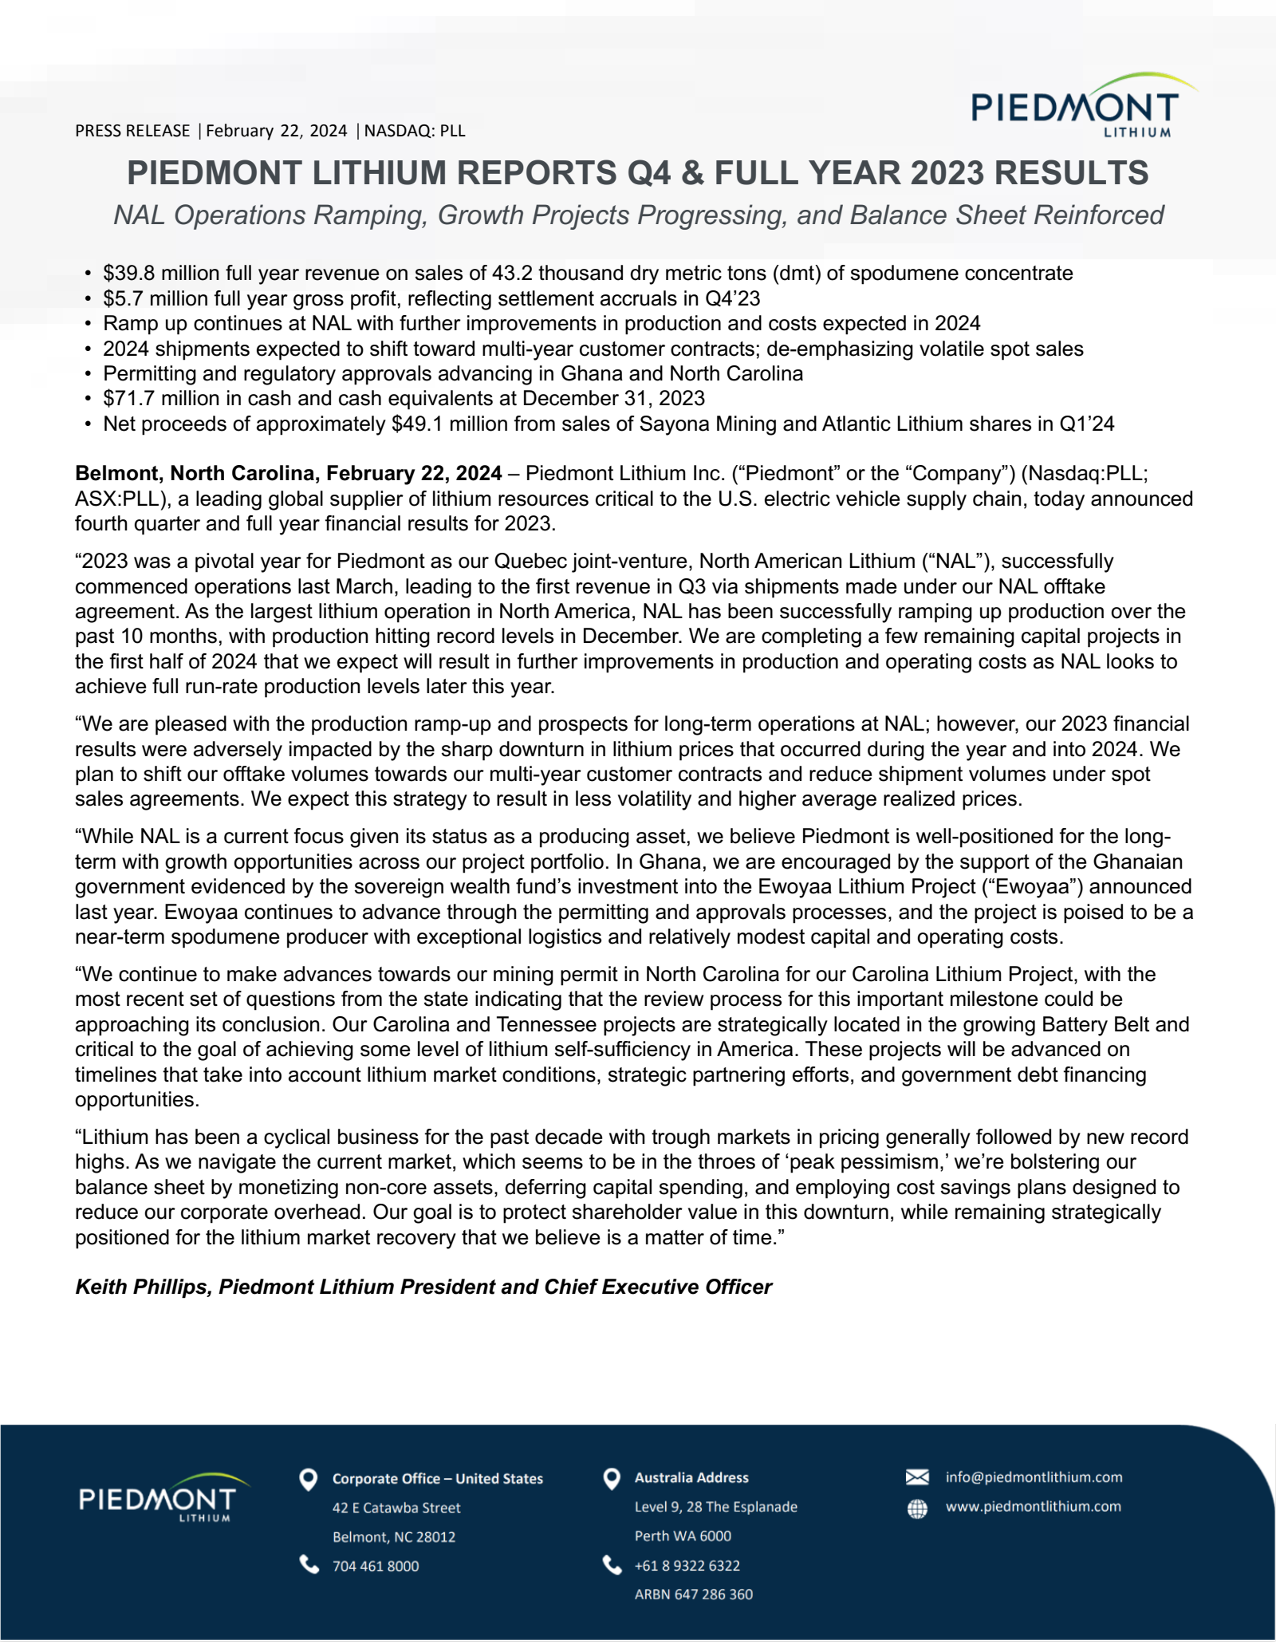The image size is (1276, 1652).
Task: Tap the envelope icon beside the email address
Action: click(x=917, y=1477)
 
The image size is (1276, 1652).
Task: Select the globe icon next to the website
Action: click(x=917, y=1508)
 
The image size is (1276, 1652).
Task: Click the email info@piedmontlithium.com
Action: click(x=1034, y=1477)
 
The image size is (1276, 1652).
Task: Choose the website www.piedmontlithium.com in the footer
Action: click(x=1033, y=1507)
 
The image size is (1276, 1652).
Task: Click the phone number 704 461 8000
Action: click(x=375, y=1566)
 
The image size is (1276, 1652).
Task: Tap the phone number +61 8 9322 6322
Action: click(x=687, y=1565)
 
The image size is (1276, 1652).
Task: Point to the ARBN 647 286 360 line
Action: click(x=693, y=1594)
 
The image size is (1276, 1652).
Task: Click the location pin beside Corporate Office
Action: click(x=308, y=1480)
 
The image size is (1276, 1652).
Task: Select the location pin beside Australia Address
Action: click(x=612, y=1479)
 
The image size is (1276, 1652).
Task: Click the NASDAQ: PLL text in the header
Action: click(x=415, y=131)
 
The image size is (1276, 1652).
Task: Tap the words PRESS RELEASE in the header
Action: click(x=132, y=131)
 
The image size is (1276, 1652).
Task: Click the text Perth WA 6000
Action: click(x=683, y=1536)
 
